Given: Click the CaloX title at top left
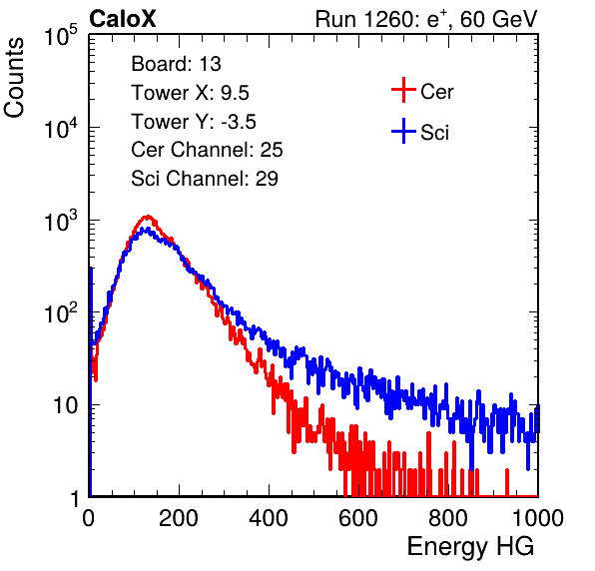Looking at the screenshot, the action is coord(123,19).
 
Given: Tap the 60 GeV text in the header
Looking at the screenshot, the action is coord(499,19).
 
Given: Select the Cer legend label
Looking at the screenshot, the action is coord(436,92).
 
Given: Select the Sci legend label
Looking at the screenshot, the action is coord(435,133).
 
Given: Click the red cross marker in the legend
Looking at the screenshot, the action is coord(403,90).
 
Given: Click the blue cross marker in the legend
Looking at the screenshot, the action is coord(403,131).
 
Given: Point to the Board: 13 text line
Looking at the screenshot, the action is coord(176,64).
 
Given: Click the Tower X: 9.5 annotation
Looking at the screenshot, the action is coord(190,93).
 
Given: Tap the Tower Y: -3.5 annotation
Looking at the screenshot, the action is coord(194,122).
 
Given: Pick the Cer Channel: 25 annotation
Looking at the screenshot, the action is coord(207,150).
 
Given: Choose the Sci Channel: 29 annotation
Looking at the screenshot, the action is coord(205,179).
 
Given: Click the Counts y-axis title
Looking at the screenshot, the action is coord(14,77).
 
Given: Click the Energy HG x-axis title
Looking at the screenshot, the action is coord(470,546).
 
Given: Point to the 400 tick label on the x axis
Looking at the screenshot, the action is coord(269,518).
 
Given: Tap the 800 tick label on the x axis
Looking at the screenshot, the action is coord(448,518).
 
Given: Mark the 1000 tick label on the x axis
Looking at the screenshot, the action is coord(538,518).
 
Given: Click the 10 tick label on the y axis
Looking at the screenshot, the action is coord(65,405).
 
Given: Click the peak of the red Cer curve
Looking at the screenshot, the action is coord(148,217).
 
